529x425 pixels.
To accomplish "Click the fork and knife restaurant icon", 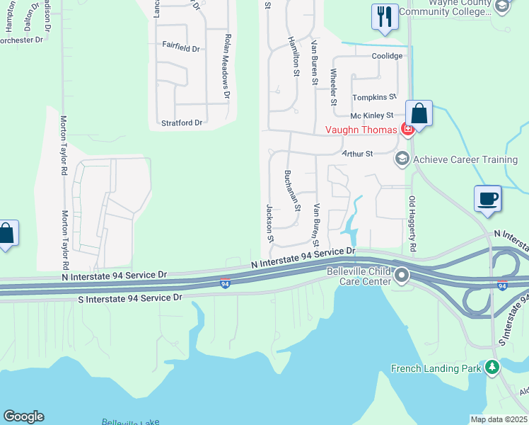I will pos(384,17).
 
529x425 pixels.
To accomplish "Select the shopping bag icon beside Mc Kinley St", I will pos(419,113).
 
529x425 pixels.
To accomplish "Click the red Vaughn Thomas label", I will pos(360,130).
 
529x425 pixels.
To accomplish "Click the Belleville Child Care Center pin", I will pos(402,275).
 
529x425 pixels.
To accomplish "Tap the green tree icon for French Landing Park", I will pos(492,367).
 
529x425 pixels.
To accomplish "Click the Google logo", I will pos(23,416).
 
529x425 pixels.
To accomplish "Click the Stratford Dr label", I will pos(182,123).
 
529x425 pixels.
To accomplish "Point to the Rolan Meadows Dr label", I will pos(227,65).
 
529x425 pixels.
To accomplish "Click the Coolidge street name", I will pos(388,56).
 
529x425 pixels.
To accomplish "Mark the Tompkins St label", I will pos(374,96).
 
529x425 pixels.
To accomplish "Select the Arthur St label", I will pos(356,153).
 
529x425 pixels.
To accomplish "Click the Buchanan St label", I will pos(293,191).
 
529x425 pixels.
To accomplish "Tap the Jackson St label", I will pos(269,223).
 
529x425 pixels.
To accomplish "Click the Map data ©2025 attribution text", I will pos(498,419).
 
